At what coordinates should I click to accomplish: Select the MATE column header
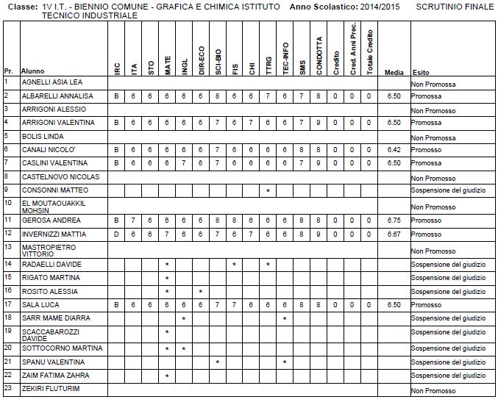(x=168, y=67)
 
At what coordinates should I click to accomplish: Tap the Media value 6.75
(x=394, y=220)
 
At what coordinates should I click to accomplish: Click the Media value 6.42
(x=394, y=149)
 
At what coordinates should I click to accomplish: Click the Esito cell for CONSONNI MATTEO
(x=448, y=191)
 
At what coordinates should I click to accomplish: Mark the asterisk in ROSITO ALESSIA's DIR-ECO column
(x=201, y=292)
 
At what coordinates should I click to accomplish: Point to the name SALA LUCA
(x=38, y=304)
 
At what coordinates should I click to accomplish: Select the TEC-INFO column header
(x=285, y=60)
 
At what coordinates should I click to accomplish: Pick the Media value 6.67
(x=394, y=234)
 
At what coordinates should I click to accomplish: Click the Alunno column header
(x=32, y=71)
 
